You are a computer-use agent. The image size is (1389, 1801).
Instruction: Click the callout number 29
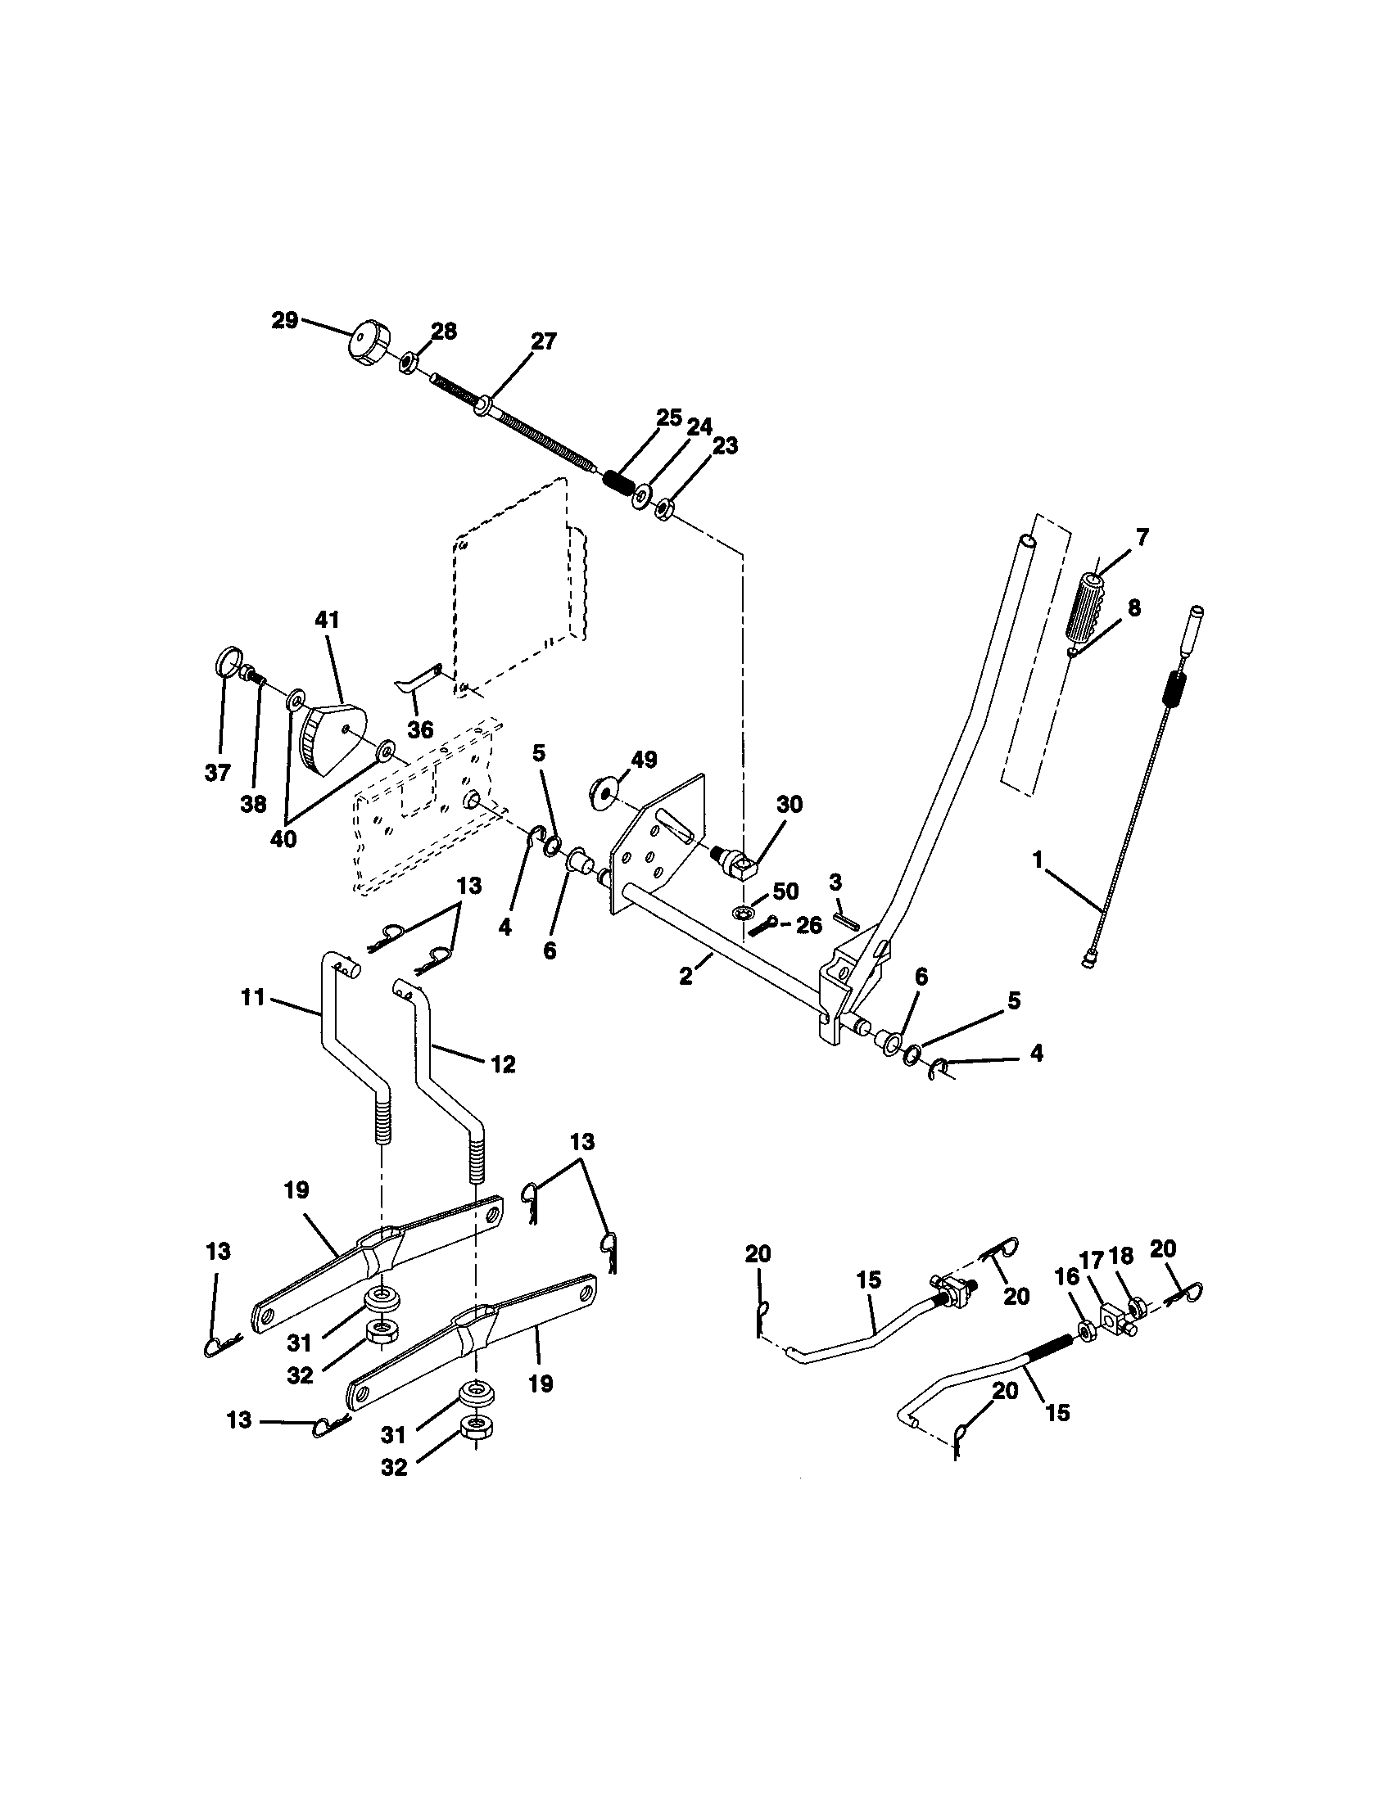pos(284,320)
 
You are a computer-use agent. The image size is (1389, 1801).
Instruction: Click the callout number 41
pos(328,620)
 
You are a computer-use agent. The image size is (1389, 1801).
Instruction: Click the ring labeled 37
pos(228,661)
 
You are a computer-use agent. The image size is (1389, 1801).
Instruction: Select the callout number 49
pos(644,760)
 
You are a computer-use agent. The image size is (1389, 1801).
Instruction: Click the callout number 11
pos(252,997)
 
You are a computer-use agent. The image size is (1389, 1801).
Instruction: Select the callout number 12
pos(503,1063)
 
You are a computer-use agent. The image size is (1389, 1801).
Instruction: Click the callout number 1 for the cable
pos(1038,860)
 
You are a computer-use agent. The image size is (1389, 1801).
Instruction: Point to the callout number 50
pos(785,891)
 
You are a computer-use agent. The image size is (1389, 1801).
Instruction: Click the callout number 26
pos(809,925)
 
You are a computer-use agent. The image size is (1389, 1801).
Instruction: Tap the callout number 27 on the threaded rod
pos(544,341)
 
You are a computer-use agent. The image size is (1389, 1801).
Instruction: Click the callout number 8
pos(1134,607)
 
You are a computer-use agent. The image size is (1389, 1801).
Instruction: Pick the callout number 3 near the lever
pos(835,882)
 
